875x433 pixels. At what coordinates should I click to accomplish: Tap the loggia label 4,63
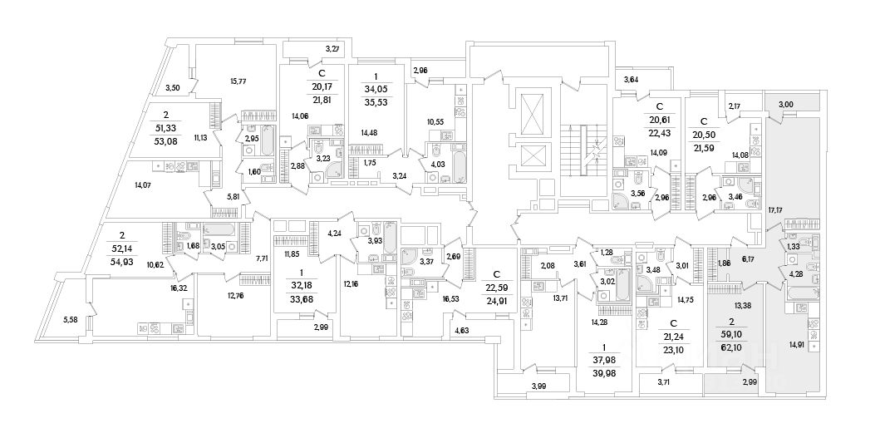click(462, 332)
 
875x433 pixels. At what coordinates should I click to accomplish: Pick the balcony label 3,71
click(663, 381)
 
